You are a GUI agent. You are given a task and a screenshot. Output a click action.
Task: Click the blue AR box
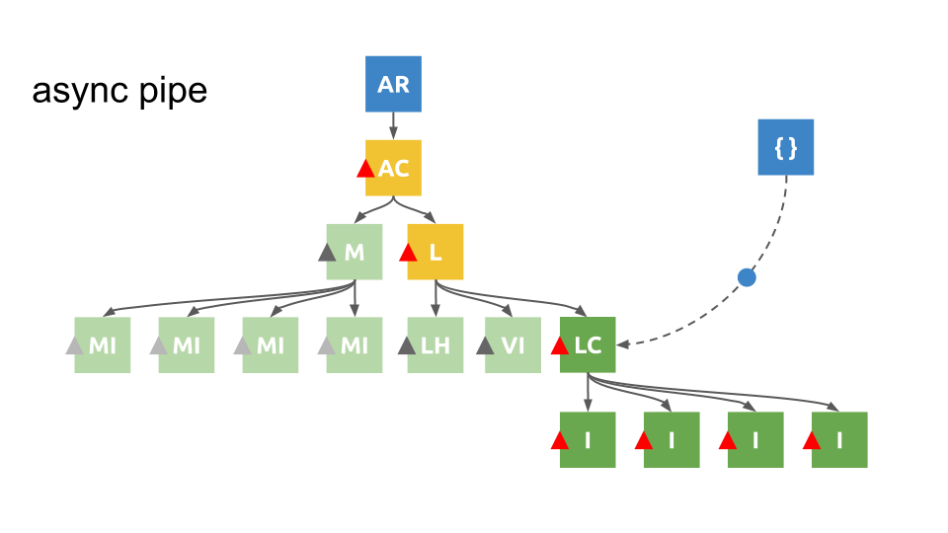point(393,84)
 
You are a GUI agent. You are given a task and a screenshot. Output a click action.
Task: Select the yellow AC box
point(394,168)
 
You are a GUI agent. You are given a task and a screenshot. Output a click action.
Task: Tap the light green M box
point(355,252)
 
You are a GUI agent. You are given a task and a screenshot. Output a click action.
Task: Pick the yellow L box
point(435,252)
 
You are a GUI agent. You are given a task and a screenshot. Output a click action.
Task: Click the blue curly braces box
point(786,147)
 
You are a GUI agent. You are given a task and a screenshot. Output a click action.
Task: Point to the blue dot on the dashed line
point(747,277)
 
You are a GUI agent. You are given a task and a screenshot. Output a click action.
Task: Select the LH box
point(435,345)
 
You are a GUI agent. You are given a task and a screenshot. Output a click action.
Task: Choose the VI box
point(513,345)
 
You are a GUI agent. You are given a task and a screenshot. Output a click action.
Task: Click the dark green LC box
point(588,345)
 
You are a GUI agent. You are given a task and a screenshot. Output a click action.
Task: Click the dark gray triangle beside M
point(328,253)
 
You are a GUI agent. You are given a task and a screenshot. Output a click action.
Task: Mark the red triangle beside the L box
point(408,253)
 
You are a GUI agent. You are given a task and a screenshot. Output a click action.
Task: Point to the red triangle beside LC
point(561,346)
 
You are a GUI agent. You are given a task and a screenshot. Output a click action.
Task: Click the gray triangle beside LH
point(406,346)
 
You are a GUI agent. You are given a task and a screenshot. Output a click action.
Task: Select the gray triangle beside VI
point(485,346)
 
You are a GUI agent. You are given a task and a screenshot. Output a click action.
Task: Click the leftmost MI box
point(103,345)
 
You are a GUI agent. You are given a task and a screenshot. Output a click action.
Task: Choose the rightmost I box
point(839,439)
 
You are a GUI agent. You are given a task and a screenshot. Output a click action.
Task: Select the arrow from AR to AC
point(393,125)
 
